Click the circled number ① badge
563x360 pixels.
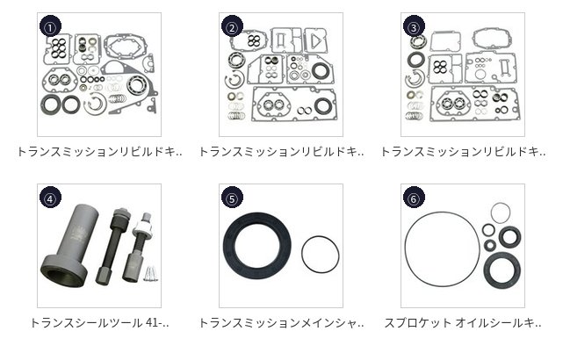[50, 26]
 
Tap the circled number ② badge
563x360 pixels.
[232, 26]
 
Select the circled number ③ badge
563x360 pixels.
[414, 26]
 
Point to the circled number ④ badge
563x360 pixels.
[50, 198]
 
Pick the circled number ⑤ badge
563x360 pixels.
[232, 198]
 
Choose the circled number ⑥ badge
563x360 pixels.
[414, 198]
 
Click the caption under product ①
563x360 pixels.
[99, 152]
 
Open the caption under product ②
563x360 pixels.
[281, 152]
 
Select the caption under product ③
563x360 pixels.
[463, 152]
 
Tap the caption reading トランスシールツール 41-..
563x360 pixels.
[99, 323]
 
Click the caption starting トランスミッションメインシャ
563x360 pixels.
[281, 323]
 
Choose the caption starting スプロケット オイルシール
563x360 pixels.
[463, 323]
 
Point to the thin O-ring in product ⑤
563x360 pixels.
[321, 236]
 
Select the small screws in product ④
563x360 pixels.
[150, 273]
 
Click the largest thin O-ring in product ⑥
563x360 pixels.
[443, 212]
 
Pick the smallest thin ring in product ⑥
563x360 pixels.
[500, 204]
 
